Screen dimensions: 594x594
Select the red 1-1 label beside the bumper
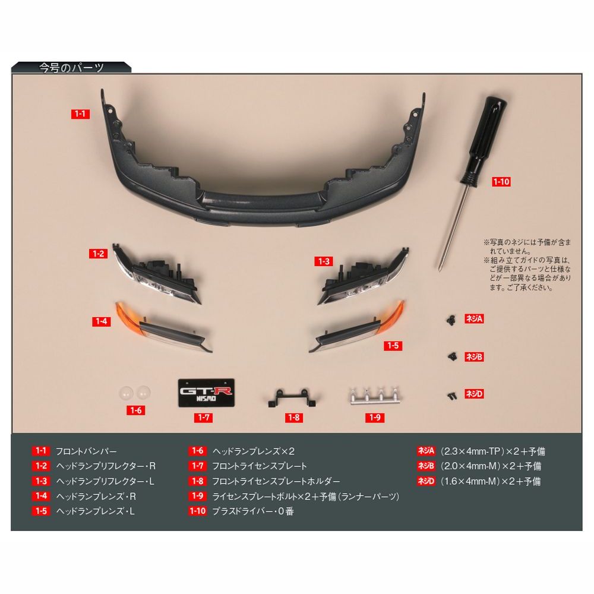click(x=81, y=113)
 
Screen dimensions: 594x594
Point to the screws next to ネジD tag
click(x=452, y=393)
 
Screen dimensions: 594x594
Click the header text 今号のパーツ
click(x=71, y=68)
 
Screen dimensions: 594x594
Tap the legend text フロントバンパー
click(x=86, y=451)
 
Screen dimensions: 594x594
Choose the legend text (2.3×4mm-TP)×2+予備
click(x=493, y=451)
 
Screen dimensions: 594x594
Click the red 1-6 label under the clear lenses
click(x=136, y=410)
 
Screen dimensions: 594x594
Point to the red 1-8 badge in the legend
click(x=197, y=481)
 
